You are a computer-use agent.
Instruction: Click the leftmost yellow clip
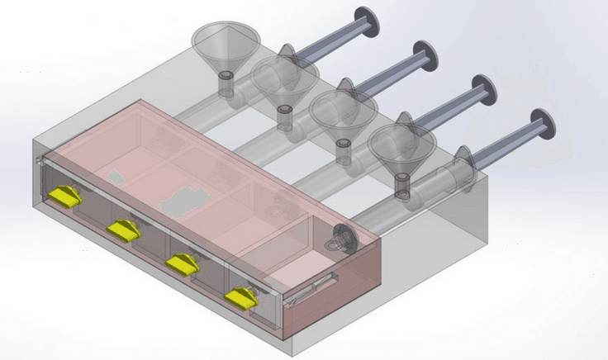(64, 197)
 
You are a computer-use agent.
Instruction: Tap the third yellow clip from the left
(183, 263)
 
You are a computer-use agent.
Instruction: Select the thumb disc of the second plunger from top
(426, 55)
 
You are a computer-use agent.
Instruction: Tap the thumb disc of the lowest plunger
(543, 124)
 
